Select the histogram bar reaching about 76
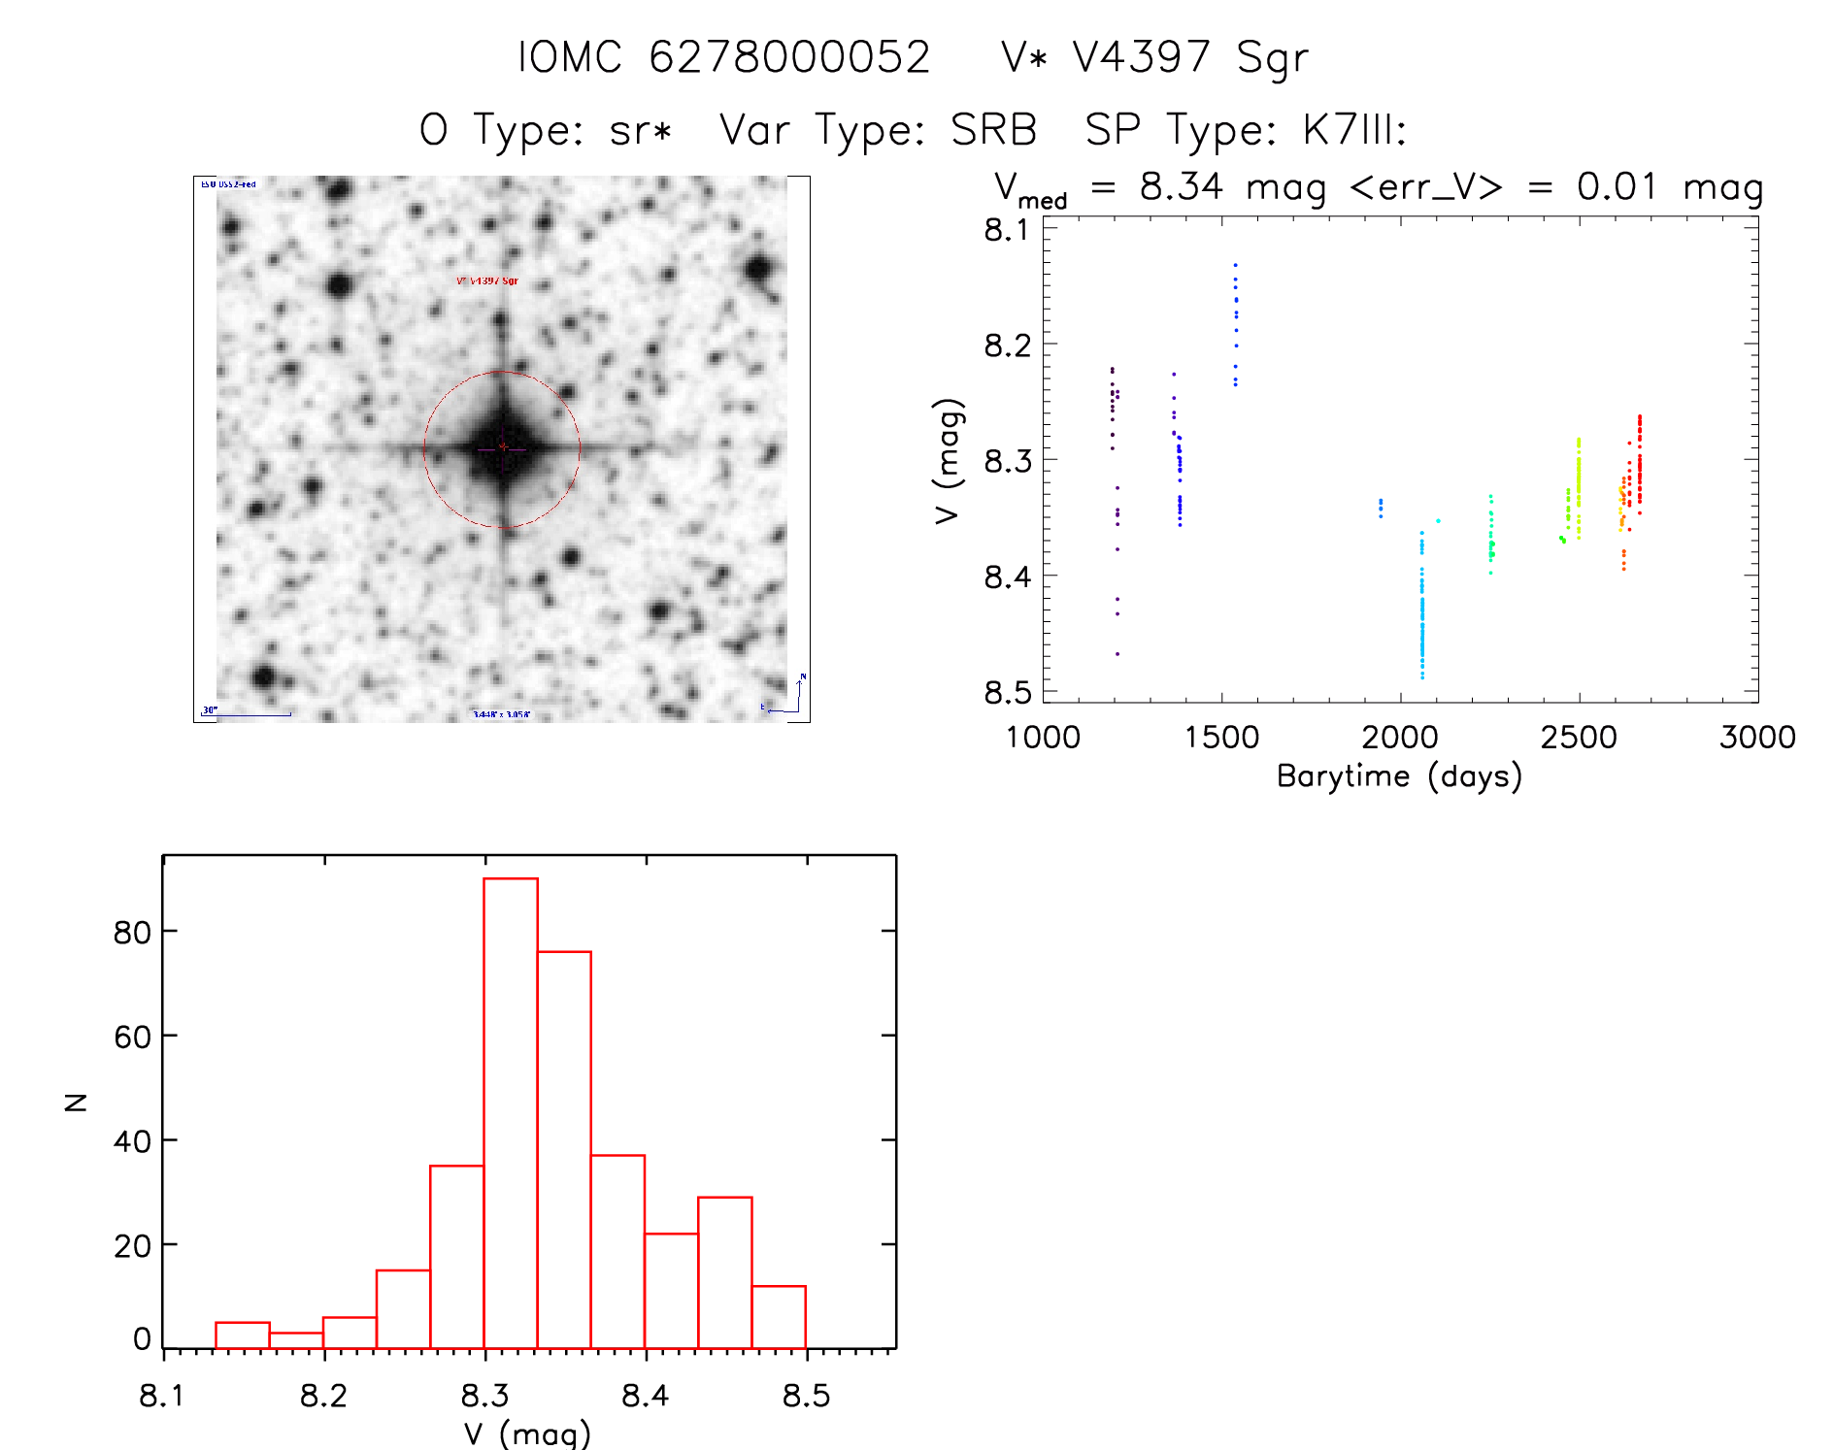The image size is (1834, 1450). click(x=564, y=1149)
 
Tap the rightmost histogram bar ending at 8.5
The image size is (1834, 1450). click(x=779, y=1317)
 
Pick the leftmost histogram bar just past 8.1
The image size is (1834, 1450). click(x=243, y=1335)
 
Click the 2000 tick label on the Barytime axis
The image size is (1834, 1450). click(x=1399, y=738)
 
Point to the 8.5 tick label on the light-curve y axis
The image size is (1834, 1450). click(x=1007, y=692)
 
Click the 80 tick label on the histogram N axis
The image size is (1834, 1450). click(x=132, y=933)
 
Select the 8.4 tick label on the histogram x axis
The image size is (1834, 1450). click(x=645, y=1397)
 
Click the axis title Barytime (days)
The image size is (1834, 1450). click(x=1399, y=776)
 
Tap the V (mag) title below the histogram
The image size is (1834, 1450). click(x=527, y=1434)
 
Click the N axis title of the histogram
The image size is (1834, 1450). click(x=76, y=1102)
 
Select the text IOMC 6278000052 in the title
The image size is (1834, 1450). click(x=723, y=57)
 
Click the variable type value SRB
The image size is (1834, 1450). click(x=993, y=130)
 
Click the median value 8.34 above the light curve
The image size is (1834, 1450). click(x=1181, y=186)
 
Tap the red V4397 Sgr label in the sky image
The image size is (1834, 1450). click(x=487, y=281)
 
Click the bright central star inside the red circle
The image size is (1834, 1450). click(x=502, y=448)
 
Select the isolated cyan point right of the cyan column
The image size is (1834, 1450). click(x=1438, y=521)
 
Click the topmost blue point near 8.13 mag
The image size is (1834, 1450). click(x=1235, y=264)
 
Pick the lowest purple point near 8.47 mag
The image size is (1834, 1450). click(x=1117, y=654)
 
